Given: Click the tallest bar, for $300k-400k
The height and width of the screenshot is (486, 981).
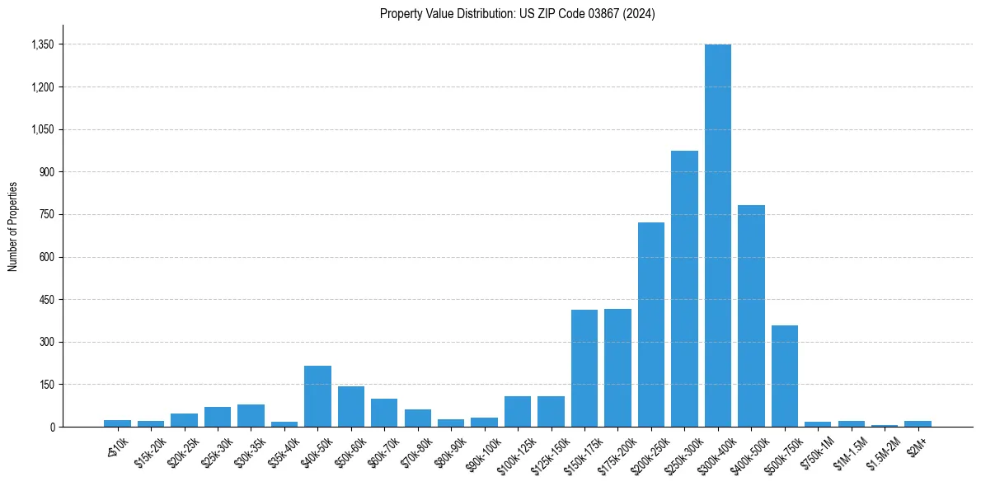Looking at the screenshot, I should click(x=717, y=236).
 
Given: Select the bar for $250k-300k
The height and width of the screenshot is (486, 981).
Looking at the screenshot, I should click(x=684, y=288).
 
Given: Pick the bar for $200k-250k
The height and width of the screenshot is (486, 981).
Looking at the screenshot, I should click(x=650, y=325).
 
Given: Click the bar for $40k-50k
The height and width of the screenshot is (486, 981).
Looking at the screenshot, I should click(x=317, y=396).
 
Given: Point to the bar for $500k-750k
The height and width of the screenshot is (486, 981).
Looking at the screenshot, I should click(x=784, y=376).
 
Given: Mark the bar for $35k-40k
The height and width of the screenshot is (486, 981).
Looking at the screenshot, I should click(x=284, y=423).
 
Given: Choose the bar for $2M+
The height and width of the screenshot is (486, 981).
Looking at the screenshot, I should click(x=918, y=423).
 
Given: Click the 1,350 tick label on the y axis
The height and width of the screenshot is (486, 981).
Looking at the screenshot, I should click(x=42, y=44).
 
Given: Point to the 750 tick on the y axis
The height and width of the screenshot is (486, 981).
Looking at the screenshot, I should click(x=46, y=214).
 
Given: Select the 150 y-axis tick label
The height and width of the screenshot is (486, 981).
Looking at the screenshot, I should click(x=46, y=385).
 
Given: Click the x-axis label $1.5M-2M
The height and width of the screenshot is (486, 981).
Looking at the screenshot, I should click(x=881, y=449).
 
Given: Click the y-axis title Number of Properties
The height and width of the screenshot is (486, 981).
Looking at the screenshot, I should click(x=12, y=227).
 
